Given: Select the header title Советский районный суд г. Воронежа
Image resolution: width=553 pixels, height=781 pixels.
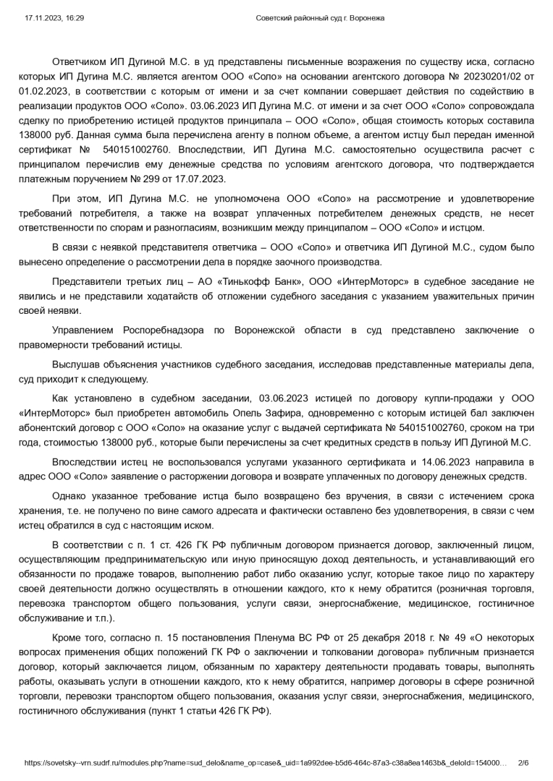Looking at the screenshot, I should point(321,17).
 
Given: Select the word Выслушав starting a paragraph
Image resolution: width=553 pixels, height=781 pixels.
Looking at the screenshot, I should point(75,364).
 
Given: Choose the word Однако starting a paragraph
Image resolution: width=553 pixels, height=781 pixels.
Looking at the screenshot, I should point(69,495).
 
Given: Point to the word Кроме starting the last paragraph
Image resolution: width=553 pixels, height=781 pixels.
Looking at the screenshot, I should point(67,637).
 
